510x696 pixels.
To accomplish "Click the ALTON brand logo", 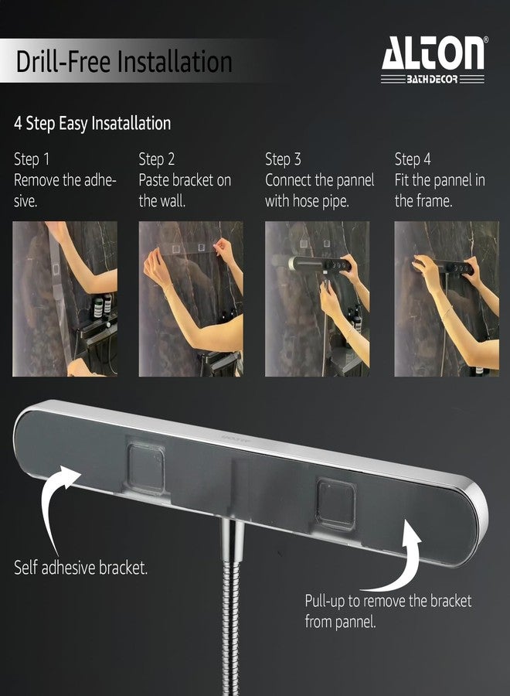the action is [433, 60].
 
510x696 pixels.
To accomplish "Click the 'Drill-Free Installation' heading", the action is [124, 61].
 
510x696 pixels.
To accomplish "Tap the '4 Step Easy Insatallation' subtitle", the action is [92, 123].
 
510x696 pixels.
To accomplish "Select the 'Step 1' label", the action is [32, 159].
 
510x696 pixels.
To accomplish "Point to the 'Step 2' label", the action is [157, 159].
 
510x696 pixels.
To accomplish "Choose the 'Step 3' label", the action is [283, 159].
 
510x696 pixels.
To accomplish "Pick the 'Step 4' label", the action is [413, 159].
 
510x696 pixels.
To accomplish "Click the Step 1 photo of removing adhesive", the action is [65, 299].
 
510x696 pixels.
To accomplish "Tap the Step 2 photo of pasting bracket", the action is [191, 299].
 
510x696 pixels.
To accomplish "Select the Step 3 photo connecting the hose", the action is [317, 299].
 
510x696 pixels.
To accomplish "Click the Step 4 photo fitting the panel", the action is [447, 299].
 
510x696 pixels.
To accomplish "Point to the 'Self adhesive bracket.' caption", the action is [80, 568].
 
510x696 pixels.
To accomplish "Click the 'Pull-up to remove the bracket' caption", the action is [388, 601].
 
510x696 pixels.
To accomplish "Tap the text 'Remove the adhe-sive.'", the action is [65, 190].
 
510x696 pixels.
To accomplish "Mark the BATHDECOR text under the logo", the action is [432, 80].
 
